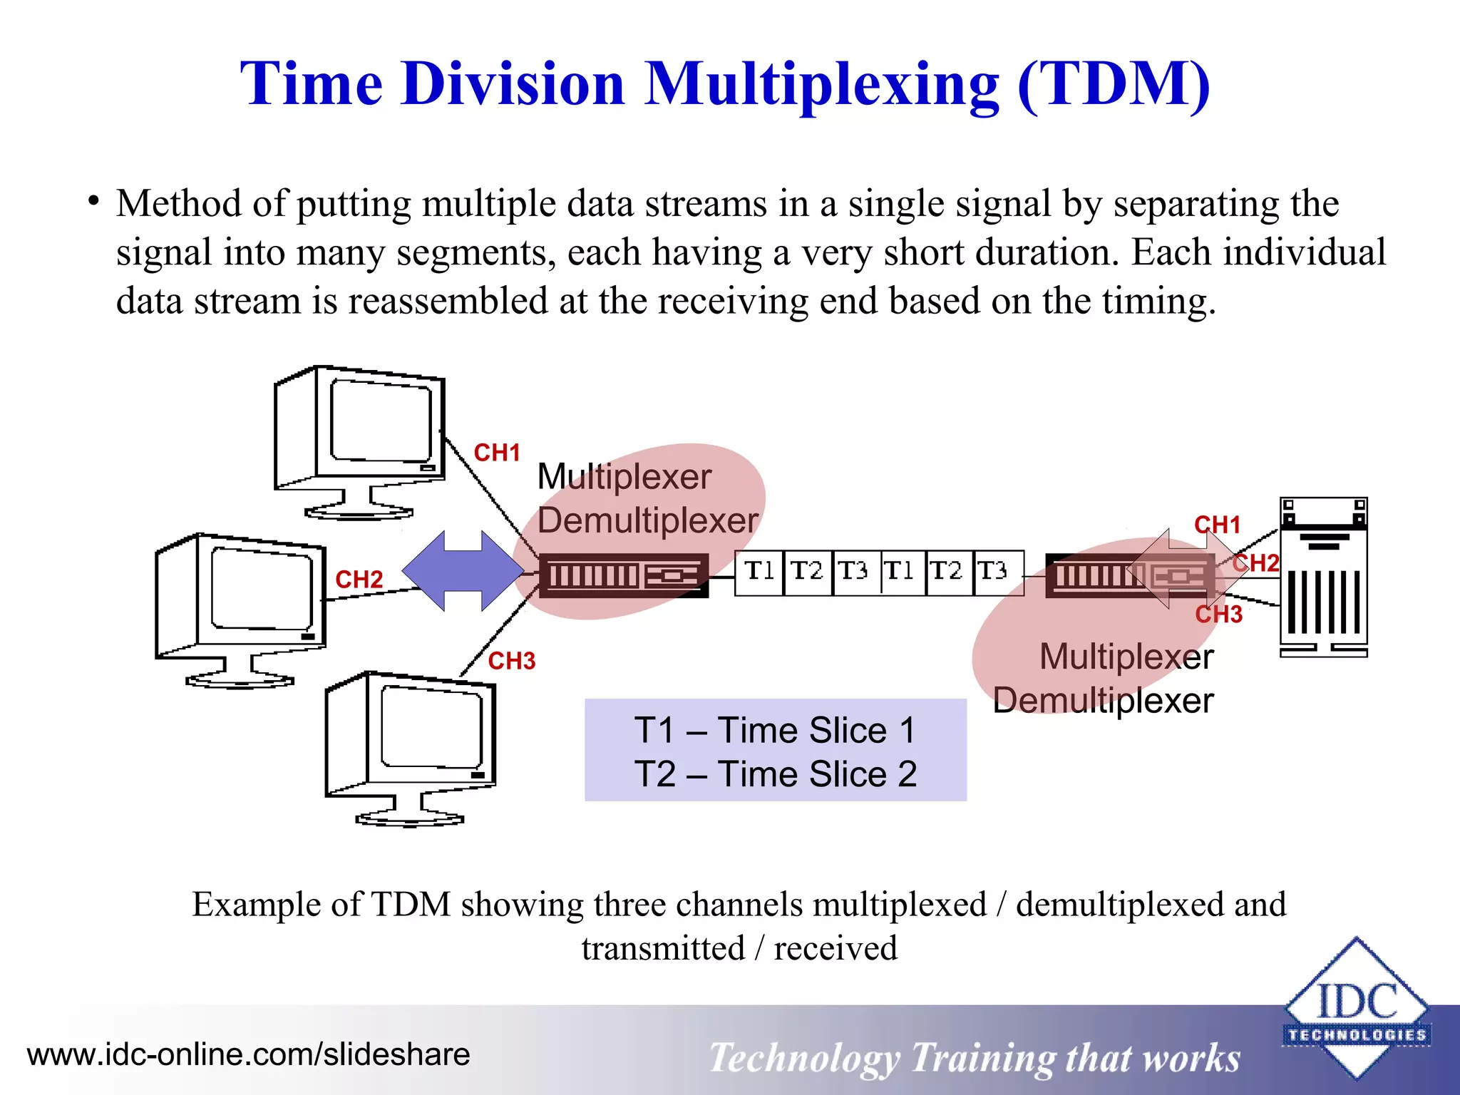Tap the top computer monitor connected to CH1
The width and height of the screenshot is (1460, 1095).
361,442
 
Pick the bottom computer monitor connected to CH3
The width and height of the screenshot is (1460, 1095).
411,746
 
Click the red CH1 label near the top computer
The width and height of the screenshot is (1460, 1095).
497,453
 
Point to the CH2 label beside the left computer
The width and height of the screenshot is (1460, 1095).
359,580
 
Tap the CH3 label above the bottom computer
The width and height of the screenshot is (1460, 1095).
511,661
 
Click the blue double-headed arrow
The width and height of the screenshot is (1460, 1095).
463,570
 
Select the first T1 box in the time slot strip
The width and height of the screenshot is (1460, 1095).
759,572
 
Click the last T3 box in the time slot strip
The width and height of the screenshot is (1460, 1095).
996,572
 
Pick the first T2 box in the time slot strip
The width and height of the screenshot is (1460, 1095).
807,572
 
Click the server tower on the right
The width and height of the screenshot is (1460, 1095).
1323,577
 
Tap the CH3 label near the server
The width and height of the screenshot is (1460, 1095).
1218,614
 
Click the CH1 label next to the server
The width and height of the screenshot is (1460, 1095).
1218,525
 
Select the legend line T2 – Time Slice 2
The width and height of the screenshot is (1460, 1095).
775,774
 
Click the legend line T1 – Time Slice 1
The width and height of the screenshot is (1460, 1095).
775,730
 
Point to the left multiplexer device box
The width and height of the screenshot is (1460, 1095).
623,575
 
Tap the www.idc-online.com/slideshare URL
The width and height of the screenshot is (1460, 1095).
248,1054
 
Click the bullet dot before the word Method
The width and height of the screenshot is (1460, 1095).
93,202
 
